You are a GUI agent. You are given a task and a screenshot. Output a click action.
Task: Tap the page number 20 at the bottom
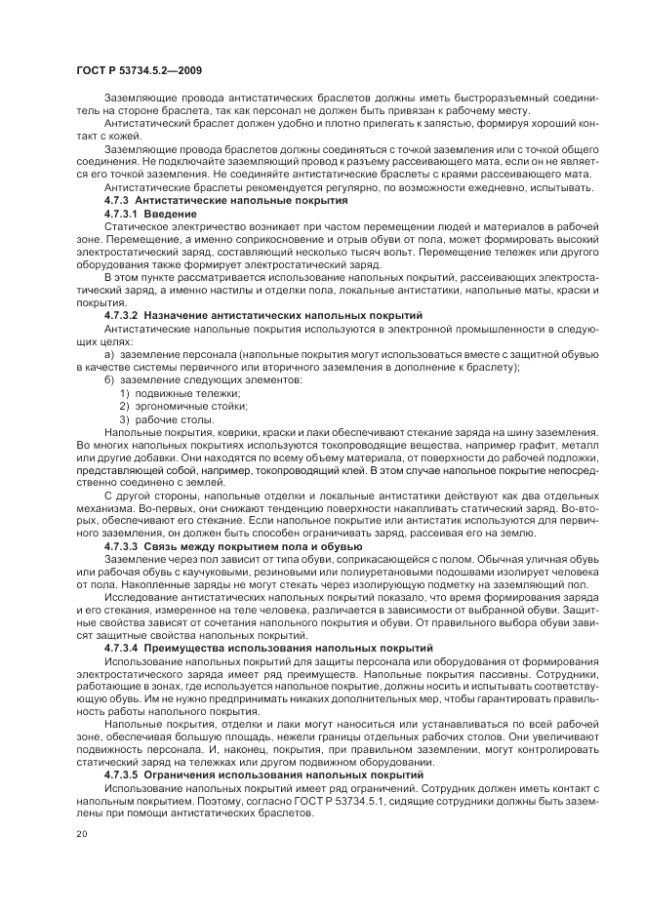click(x=80, y=834)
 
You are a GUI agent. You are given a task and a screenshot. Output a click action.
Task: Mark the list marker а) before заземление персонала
click(x=108, y=354)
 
